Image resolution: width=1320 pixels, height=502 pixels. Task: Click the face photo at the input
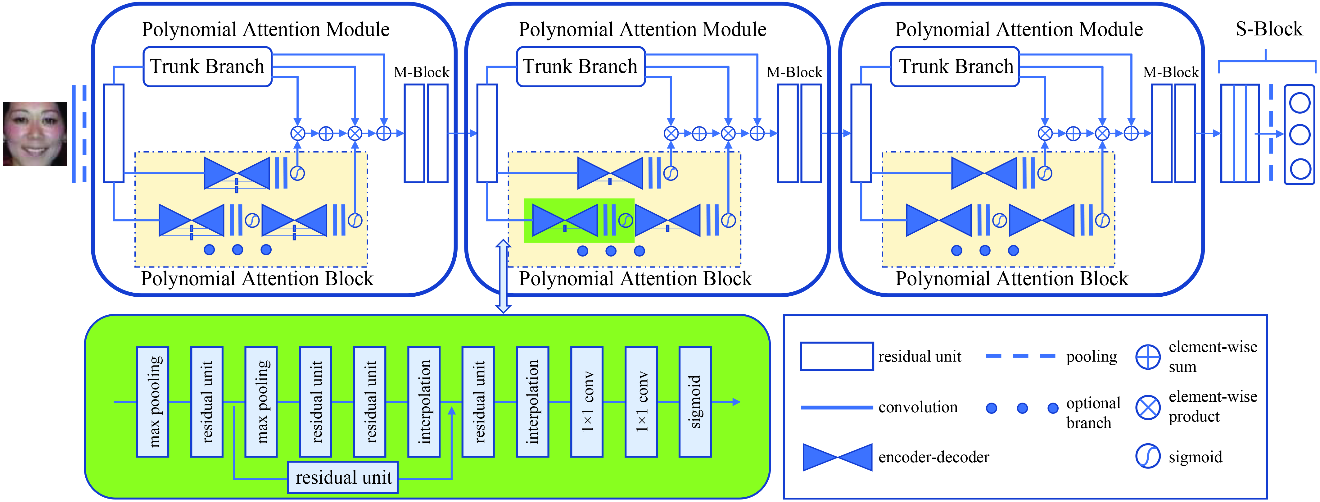tap(35, 134)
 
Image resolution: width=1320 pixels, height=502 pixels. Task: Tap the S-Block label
tap(1269, 29)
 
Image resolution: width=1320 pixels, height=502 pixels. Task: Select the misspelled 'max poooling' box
tap(153, 401)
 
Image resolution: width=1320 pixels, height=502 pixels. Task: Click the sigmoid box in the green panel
tap(695, 401)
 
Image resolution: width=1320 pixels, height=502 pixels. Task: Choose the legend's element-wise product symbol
tap(1148, 408)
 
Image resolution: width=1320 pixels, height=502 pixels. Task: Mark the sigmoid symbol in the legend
tap(1148, 456)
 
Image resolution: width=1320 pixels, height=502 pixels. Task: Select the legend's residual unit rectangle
tap(837, 356)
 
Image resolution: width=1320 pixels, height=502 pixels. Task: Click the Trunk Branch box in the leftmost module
tap(207, 67)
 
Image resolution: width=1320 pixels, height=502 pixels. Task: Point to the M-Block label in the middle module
tap(794, 72)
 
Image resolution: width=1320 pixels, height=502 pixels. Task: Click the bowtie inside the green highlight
tap(565, 221)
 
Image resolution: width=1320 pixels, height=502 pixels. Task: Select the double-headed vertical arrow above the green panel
tap(503, 276)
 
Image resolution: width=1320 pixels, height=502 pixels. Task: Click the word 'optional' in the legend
tap(1093, 403)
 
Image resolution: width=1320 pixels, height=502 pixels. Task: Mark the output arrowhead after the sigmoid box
tap(736, 401)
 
